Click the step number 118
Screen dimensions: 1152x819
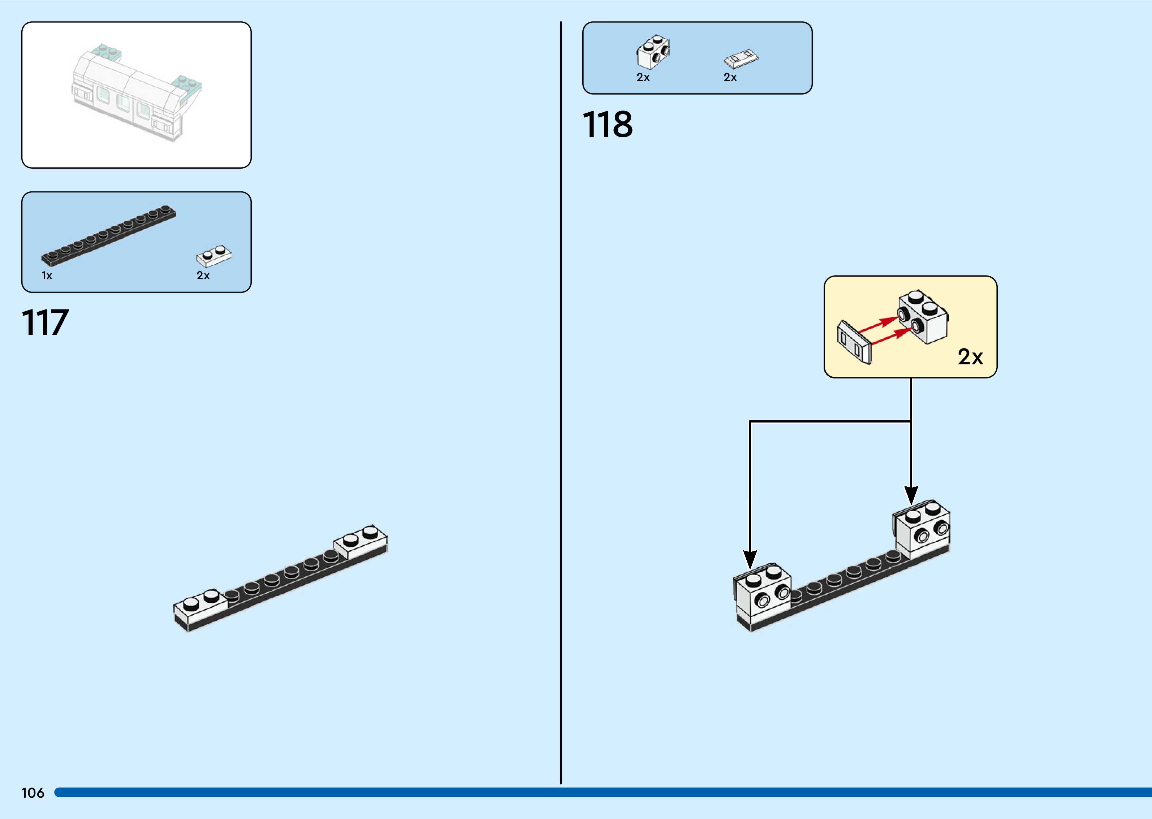(x=607, y=125)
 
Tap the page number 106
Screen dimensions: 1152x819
(x=33, y=793)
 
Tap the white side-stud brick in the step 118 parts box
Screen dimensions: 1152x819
(x=653, y=52)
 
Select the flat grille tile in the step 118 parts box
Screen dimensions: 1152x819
(x=741, y=58)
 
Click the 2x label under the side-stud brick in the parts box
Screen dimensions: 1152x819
(x=643, y=78)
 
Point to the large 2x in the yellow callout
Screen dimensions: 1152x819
(x=970, y=357)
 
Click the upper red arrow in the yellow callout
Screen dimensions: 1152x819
(x=878, y=324)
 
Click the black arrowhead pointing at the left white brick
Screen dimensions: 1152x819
(x=750, y=559)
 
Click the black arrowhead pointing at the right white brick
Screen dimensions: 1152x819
(x=911, y=494)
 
